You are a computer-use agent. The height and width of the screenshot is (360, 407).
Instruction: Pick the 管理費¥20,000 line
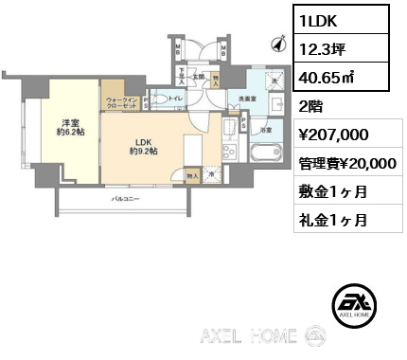(x=348, y=163)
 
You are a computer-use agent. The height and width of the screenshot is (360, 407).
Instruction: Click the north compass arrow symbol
(x=278, y=43)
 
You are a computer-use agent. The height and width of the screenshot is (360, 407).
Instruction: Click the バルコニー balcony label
(x=125, y=200)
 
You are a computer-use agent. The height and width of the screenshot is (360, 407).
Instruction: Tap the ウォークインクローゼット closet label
(x=123, y=102)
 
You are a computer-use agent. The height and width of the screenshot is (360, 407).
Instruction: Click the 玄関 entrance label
(x=199, y=76)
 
